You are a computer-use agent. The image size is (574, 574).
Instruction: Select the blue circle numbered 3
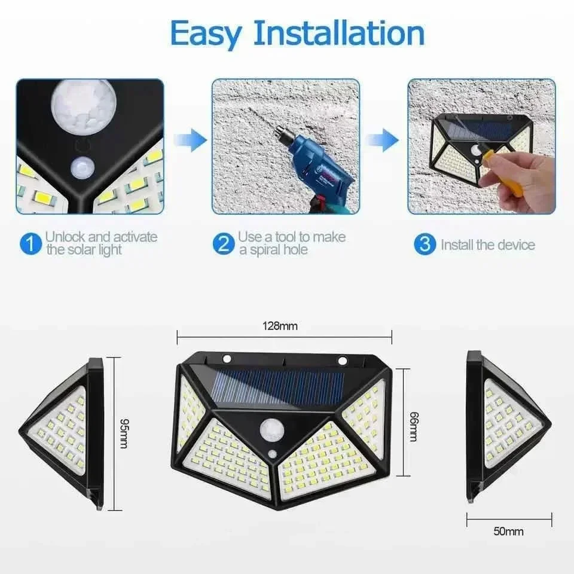[425, 244]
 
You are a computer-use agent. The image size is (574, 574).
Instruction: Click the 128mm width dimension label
[280, 326]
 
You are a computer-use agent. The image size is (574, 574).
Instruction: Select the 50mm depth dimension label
[509, 531]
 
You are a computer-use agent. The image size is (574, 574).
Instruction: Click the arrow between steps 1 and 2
[190, 140]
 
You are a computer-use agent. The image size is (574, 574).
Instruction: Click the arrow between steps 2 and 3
[383, 140]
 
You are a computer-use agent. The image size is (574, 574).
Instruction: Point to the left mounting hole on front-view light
[227, 359]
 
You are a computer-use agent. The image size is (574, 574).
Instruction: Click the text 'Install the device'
[488, 245]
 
